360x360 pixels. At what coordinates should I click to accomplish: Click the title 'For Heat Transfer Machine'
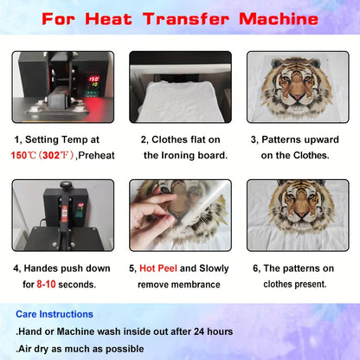click(180, 18)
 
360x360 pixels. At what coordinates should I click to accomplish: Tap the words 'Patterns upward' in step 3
click(303, 138)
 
